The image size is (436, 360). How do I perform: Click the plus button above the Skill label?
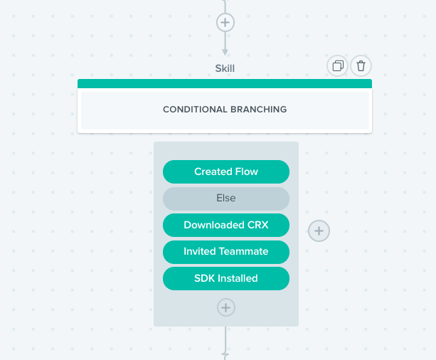pyautogui.click(x=225, y=23)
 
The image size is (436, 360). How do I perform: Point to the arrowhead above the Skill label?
pyautogui.click(x=225, y=52)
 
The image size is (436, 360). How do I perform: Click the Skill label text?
pyautogui.click(x=225, y=68)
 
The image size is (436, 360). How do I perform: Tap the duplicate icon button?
pyautogui.click(x=338, y=66)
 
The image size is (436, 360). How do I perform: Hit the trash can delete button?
pyautogui.click(x=361, y=66)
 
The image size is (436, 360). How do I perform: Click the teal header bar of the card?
pyautogui.click(x=225, y=83)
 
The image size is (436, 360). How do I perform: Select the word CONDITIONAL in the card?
pyautogui.click(x=195, y=110)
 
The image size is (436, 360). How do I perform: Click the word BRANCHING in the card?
pyautogui.click(x=259, y=110)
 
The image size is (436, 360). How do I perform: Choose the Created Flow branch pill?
pyautogui.click(x=226, y=171)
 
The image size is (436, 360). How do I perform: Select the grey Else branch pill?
pyautogui.click(x=226, y=198)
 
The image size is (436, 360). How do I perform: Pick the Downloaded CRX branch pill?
pyautogui.click(x=226, y=225)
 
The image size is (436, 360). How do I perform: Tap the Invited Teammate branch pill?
pyautogui.click(x=226, y=252)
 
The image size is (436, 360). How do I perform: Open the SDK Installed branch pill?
pyautogui.click(x=226, y=278)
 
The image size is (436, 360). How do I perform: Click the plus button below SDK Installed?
pyautogui.click(x=225, y=307)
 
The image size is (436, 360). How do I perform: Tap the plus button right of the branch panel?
pyautogui.click(x=319, y=231)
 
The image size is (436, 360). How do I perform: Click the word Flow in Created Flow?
pyautogui.click(x=247, y=171)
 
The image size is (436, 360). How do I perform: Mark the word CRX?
pyautogui.click(x=257, y=225)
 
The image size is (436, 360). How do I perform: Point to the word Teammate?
pyautogui.click(x=243, y=251)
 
